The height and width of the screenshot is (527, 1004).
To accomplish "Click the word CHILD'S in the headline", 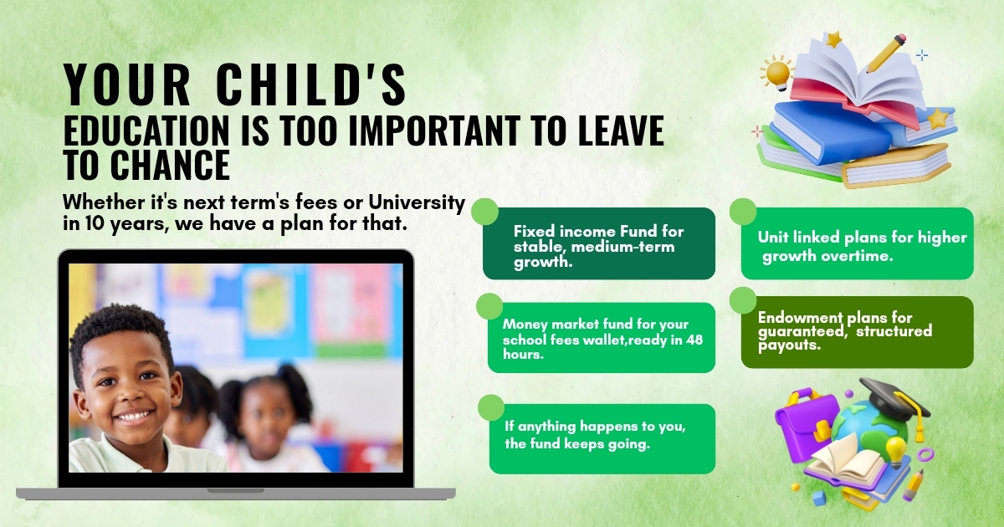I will pyautogui.click(x=310, y=86).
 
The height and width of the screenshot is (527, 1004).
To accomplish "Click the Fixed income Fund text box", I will pyautogui.click(x=598, y=243).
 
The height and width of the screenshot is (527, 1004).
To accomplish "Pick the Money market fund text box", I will pyautogui.click(x=601, y=338).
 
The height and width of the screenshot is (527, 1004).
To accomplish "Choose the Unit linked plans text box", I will pyautogui.click(x=858, y=244).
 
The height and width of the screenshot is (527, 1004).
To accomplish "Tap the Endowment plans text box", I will pyautogui.click(x=857, y=331).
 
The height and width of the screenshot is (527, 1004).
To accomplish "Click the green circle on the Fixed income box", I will pyautogui.click(x=485, y=211).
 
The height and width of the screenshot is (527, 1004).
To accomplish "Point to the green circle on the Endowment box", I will pyautogui.click(x=743, y=300).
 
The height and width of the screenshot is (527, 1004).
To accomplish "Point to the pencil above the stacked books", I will pyautogui.click(x=886, y=53).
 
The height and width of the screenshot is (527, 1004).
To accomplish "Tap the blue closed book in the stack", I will pyautogui.click(x=828, y=134).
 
